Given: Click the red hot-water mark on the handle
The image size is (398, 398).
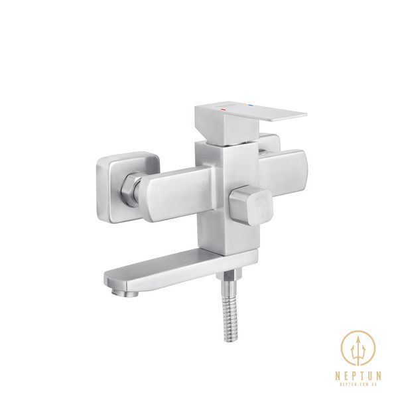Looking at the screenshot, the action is [x=223, y=109].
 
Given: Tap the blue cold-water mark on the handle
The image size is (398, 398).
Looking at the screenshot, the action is [x=251, y=105].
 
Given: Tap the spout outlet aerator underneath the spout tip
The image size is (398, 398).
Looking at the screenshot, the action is [x=125, y=293].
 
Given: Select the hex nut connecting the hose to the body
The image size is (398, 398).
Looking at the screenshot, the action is [x=228, y=275].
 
